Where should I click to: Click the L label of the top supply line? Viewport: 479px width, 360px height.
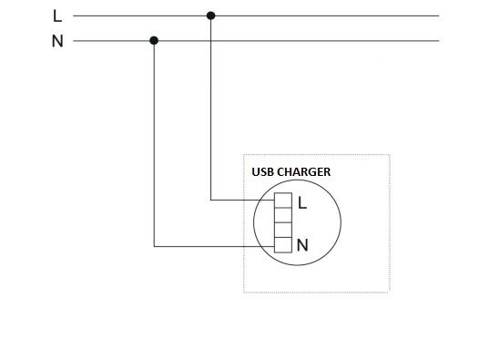(x=57, y=15)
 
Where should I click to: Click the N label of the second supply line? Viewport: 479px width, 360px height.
(x=57, y=41)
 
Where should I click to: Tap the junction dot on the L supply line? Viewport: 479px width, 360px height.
(x=210, y=15)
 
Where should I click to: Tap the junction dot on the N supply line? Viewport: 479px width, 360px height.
(x=154, y=40)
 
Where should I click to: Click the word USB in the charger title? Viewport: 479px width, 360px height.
(x=262, y=172)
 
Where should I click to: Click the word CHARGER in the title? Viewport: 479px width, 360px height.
(x=303, y=172)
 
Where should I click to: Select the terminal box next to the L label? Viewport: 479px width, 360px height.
(x=283, y=201)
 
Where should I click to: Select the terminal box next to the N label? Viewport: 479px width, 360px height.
(x=283, y=245)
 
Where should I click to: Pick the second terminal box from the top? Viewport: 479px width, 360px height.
(x=283, y=215)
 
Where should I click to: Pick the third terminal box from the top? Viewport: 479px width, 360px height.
(x=283, y=230)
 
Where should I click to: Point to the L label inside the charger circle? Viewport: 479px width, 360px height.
(x=302, y=203)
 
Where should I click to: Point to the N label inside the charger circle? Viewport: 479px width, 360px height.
(x=302, y=245)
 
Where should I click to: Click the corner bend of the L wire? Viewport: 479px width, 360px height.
(x=210, y=200)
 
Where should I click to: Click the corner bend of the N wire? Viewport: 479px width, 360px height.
(x=154, y=246)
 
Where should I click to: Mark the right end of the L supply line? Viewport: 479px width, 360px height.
(x=439, y=15)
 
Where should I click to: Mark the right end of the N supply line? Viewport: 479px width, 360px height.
(x=439, y=41)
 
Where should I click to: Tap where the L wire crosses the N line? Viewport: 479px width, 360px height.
(x=210, y=41)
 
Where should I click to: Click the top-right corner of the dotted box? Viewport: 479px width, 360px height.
(x=390, y=155)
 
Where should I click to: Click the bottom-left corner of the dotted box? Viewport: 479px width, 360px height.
(x=244, y=293)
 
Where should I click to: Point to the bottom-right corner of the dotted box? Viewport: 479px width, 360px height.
(x=390, y=293)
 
